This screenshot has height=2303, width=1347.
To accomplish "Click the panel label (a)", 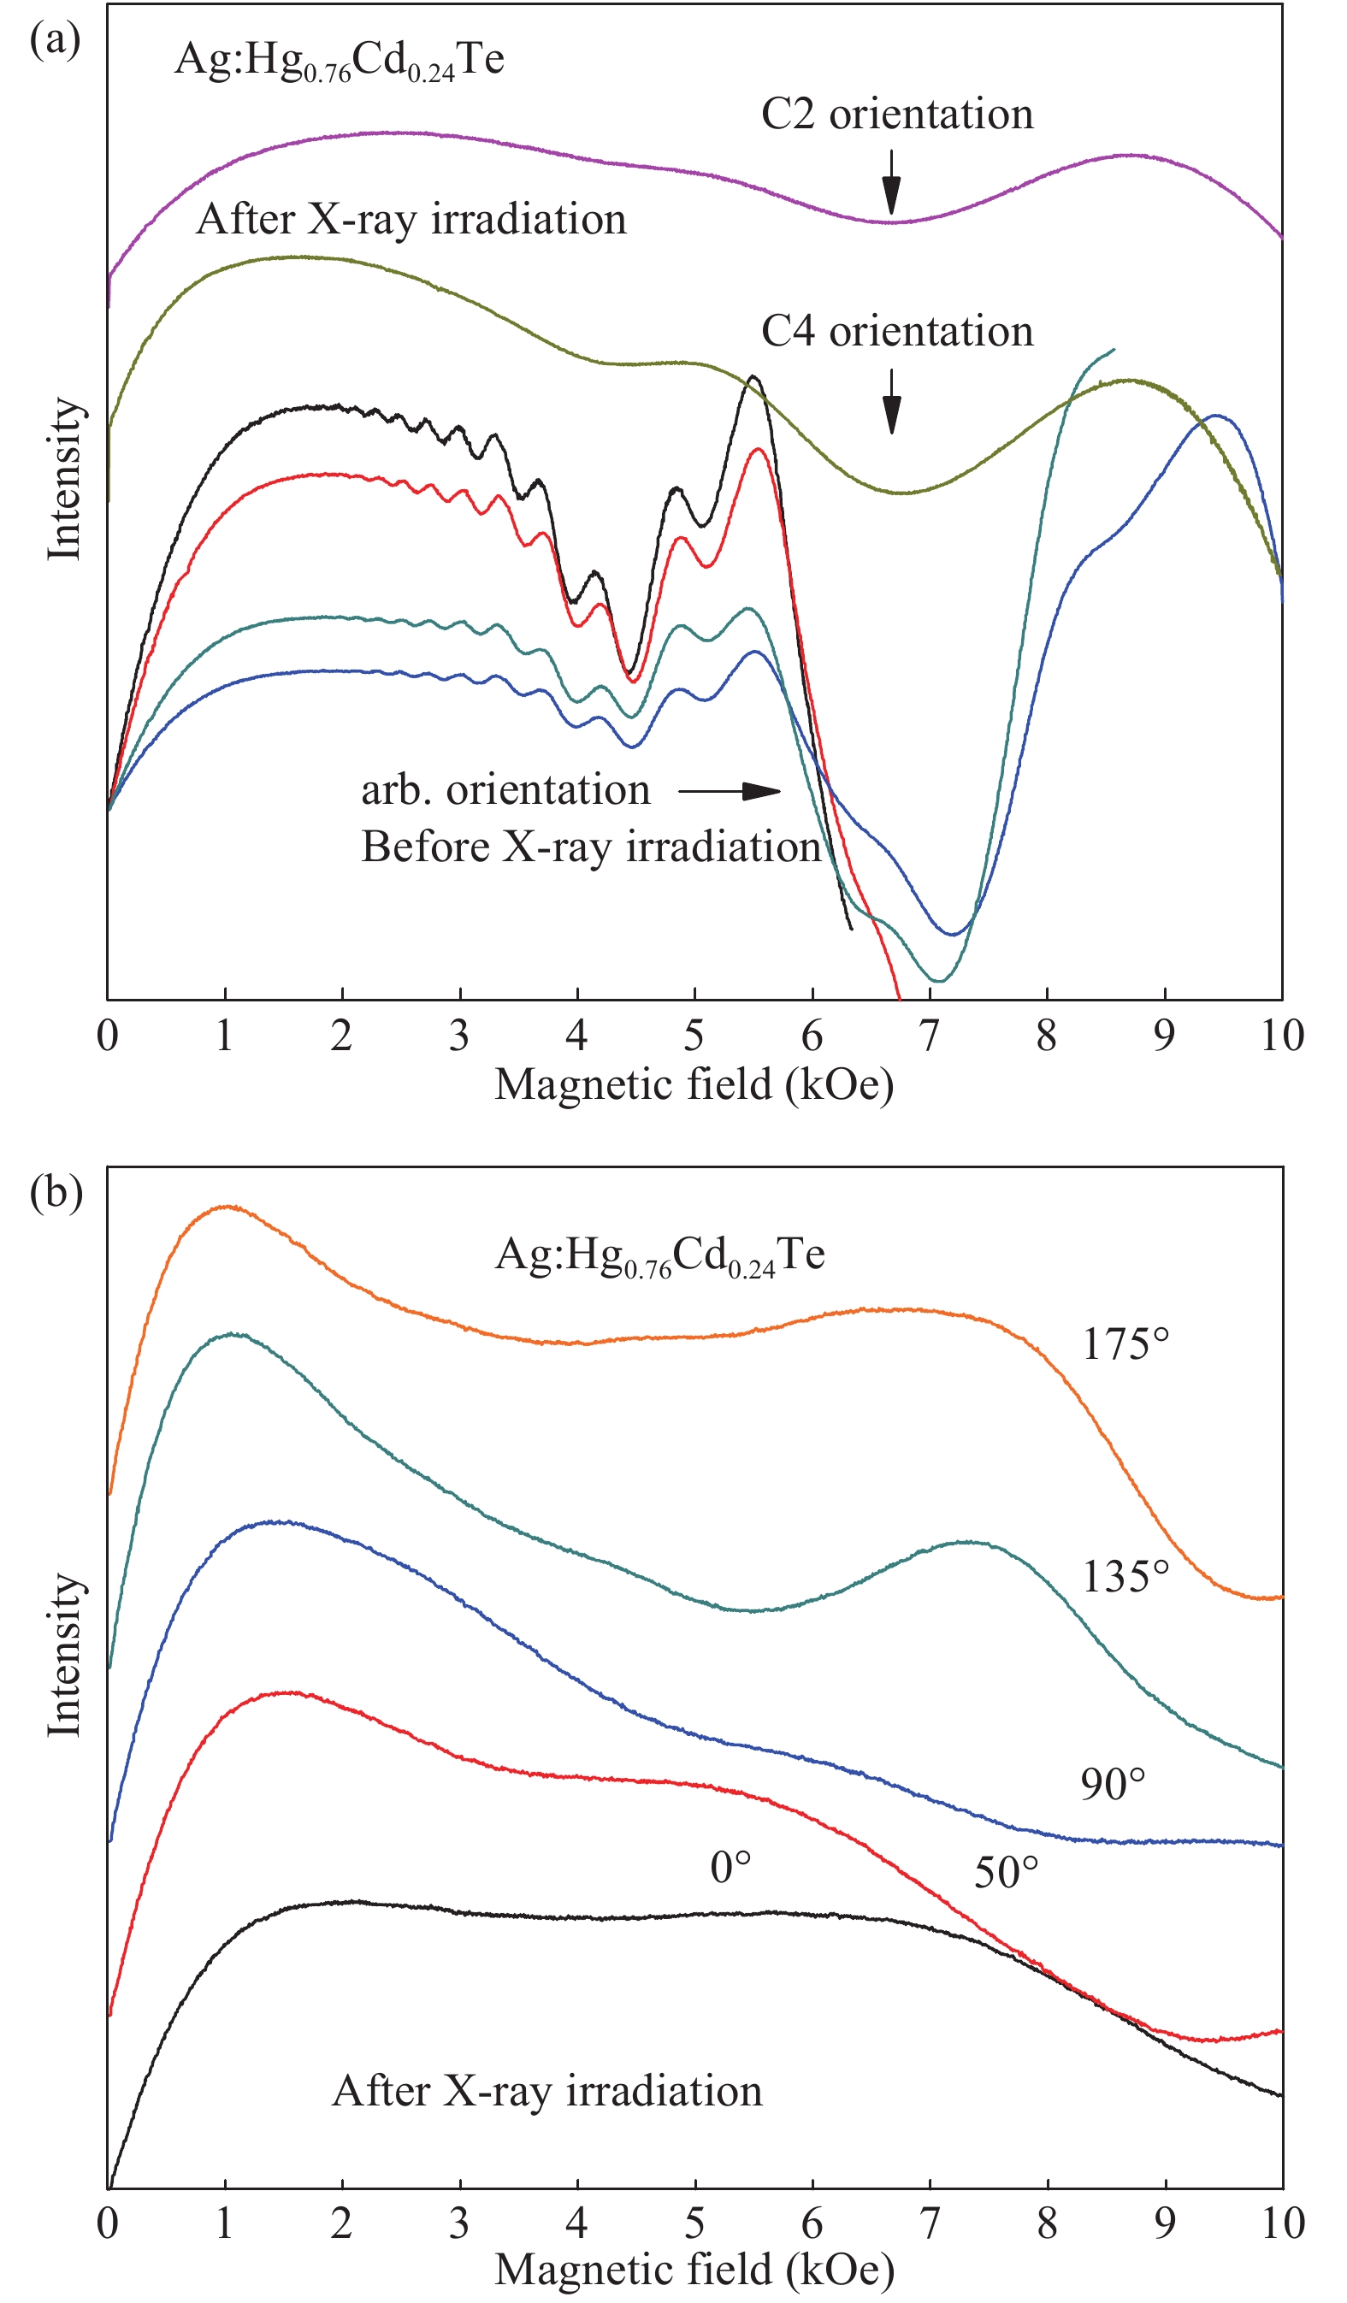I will tap(54, 40).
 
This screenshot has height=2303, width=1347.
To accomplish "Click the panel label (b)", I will tap(56, 1194).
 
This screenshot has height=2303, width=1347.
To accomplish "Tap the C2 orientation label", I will tap(896, 115).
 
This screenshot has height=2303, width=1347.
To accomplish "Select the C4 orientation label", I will tap(896, 332).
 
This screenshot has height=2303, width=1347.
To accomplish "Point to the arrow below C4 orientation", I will tap(891, 402).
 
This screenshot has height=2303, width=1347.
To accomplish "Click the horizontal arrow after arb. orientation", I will tap(729, 790).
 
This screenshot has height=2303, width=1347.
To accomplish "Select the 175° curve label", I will tap(1125, 1344).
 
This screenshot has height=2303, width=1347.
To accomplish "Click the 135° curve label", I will tap(1125, 1576).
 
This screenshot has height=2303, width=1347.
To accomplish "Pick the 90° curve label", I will tap(1112, 1784).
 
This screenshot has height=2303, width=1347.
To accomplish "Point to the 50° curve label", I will tap(1005, 1874).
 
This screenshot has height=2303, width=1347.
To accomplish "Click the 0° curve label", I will tap(730, 1868).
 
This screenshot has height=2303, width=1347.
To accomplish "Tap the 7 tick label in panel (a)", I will tap(929, 1036).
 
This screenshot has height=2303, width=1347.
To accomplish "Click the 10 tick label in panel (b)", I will tap(1281, 2223).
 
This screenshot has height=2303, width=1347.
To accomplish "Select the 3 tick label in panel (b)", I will tap(458, 2223).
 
